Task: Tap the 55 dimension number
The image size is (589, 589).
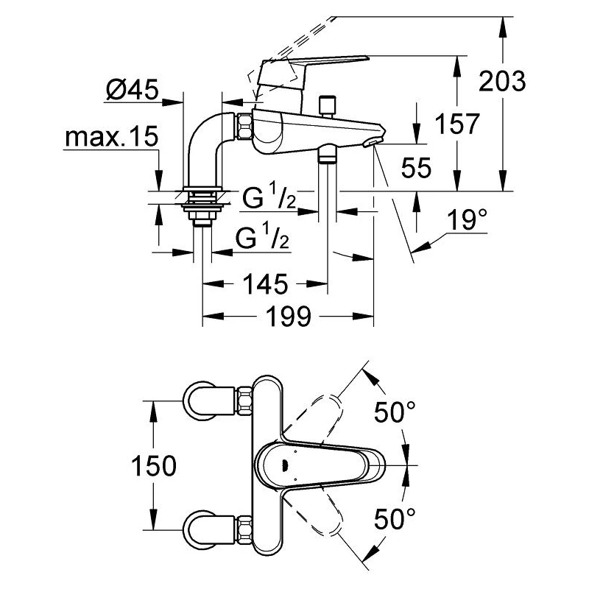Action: click(x=416, y=169)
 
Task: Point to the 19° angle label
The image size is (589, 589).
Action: click(x=468, y=219)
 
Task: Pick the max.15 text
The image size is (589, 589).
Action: click(x=110, y=138)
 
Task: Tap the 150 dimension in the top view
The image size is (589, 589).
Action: click(x=152, y=465)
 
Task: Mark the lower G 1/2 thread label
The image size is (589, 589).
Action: click(x=262, y=237)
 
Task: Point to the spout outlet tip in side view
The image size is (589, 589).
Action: click(x=376, y=141)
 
